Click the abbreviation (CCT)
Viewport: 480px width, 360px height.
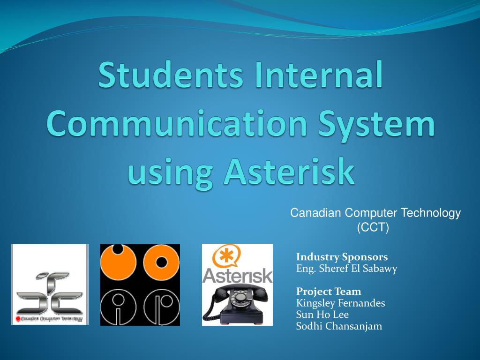373,227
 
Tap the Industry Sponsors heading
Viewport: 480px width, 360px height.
342,257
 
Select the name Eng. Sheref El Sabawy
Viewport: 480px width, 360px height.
346,269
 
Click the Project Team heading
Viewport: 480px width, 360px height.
329,292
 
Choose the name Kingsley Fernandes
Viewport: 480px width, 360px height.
340,303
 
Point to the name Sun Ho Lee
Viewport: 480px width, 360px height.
322,315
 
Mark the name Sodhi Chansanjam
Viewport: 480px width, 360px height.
339,326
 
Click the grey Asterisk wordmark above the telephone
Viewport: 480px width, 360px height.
237,275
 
